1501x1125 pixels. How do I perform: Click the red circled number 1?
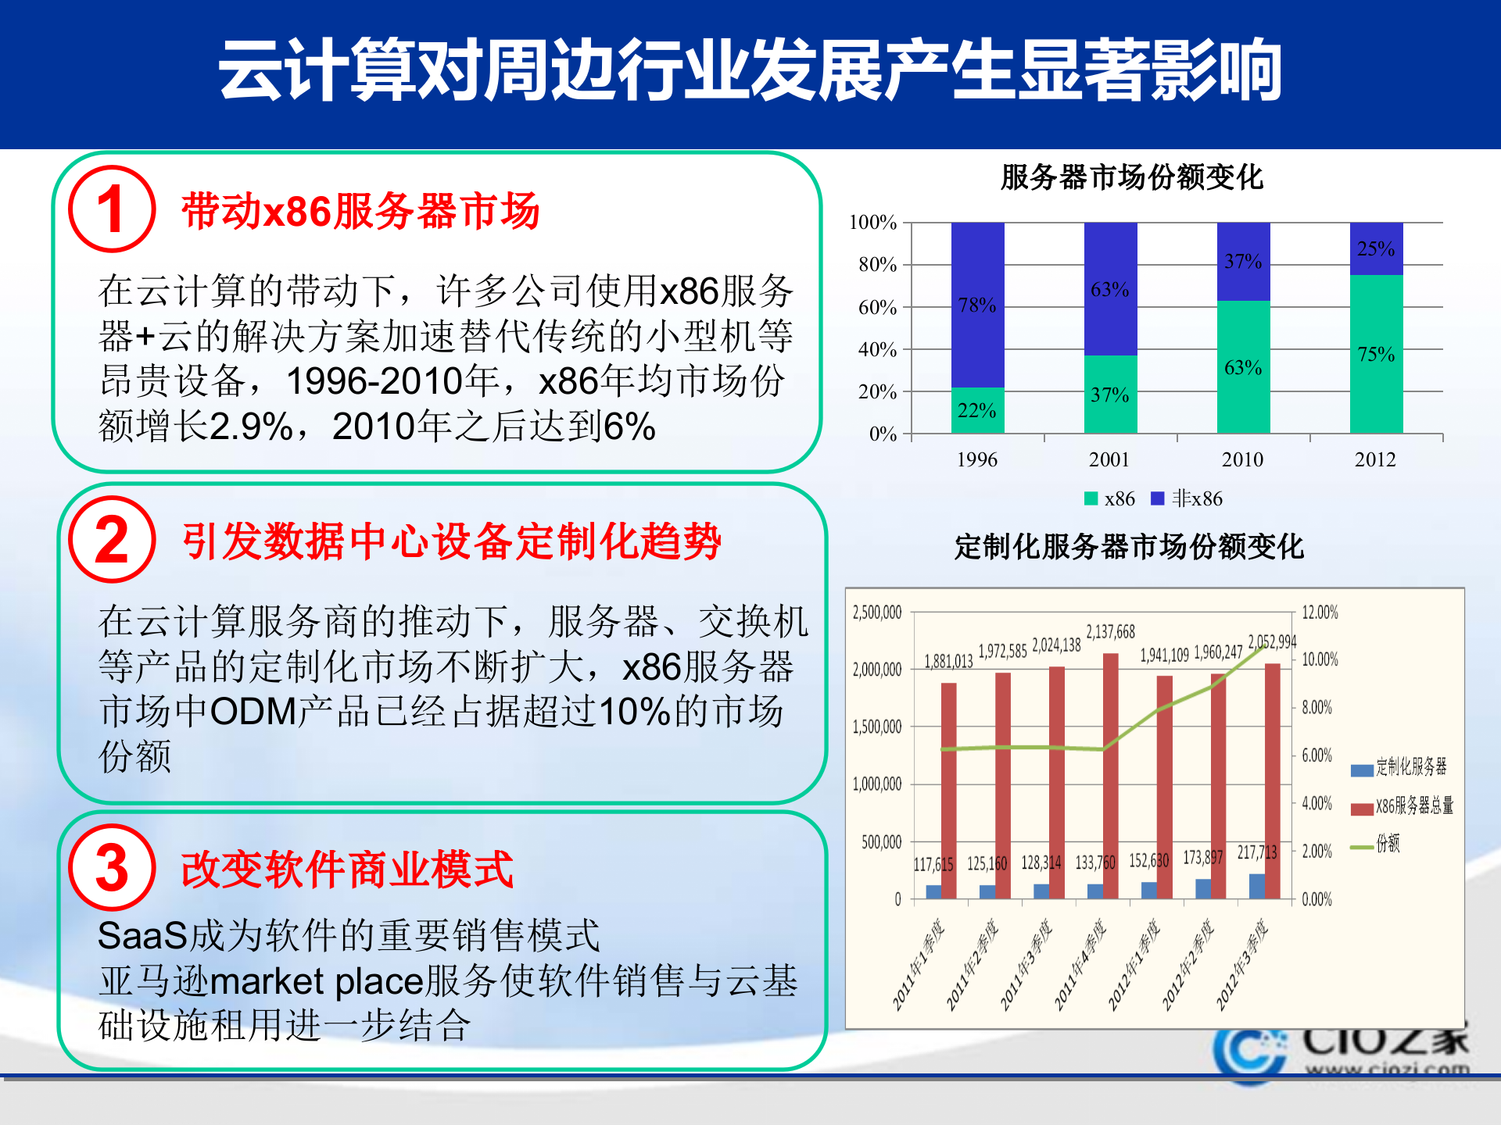coord(112,209)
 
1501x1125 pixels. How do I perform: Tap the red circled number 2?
coord(112,539)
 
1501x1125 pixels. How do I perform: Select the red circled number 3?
coord(112,867)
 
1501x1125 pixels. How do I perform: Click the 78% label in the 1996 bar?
coord(977,305)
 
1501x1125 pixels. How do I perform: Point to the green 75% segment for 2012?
coord(1376,354)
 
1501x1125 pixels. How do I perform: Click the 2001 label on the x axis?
coord(1109,459)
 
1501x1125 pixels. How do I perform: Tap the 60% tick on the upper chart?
coord(877,307)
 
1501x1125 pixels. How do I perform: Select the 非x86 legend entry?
coord(1188,498)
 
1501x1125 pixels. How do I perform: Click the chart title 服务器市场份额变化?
coord(1131,177)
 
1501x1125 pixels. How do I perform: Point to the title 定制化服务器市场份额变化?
coord(1129,546)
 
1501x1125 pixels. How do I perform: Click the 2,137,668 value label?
coord(1110,631)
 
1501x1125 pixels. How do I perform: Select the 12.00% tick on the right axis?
coord(1320,612)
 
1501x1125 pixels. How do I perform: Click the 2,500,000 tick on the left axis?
coord(877,612)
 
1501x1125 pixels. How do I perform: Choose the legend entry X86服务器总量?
coord(1403,805)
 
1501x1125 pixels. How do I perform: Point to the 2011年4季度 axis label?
coord(1080,965)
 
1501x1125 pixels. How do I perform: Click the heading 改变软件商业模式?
coord(346,869)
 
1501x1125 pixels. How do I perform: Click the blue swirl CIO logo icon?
coord(1249,1053)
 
